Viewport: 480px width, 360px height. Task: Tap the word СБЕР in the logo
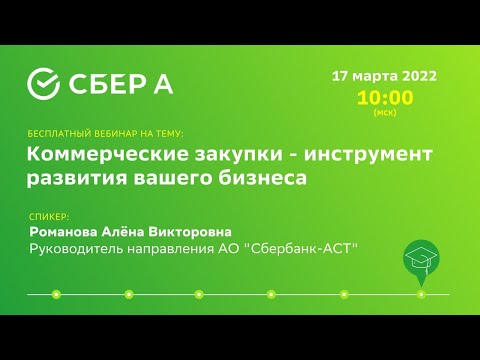click(x=108, y=85)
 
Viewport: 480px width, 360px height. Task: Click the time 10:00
click(x=384, y=98)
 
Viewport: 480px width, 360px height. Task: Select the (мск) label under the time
click(x=384, y=113)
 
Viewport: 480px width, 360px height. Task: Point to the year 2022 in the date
click(x=419, y=77)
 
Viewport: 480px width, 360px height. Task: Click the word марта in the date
click(x=374, y=77)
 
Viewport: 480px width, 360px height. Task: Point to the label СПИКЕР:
click(x=50, y=215)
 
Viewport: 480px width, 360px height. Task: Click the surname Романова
click(x=68, y=230)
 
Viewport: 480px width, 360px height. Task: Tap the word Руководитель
click(x=80, y=248)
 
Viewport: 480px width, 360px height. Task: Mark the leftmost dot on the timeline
click(x=56, y=294)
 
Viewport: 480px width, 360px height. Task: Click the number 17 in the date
click(x=340, y=77)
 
